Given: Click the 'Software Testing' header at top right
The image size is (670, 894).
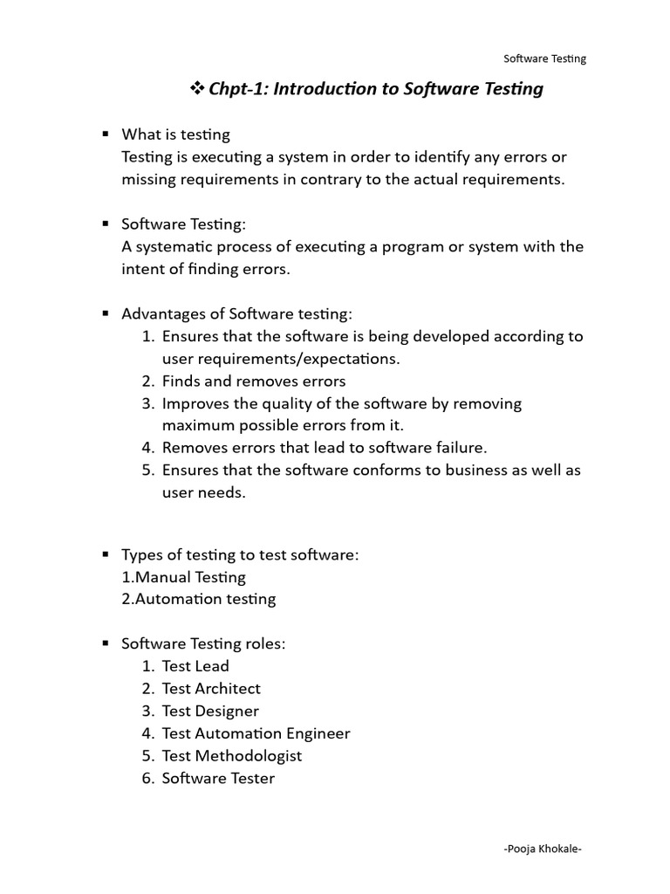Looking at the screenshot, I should (x=545, y=59).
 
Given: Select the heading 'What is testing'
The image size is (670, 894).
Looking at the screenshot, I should (x=176, y=134).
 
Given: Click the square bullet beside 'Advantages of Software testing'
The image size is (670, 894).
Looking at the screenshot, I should (x=105, y=313).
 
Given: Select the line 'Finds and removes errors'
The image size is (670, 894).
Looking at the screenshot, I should (x=254, y=382).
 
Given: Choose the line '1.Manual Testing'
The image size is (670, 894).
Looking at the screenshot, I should (x=184, y=577).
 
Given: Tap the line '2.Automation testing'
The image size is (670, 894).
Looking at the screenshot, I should (x=199, y=599).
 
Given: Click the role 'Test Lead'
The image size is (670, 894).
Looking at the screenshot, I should (x=195, y=666).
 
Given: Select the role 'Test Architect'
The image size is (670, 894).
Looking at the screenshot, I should (x=211, y=689).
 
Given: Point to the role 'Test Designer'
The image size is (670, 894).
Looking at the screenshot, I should (x=210, y=712).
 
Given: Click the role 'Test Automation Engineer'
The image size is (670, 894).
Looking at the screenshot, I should (x=256, y=733).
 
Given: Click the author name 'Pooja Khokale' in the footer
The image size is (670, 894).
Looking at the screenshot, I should (x=543, y=849).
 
